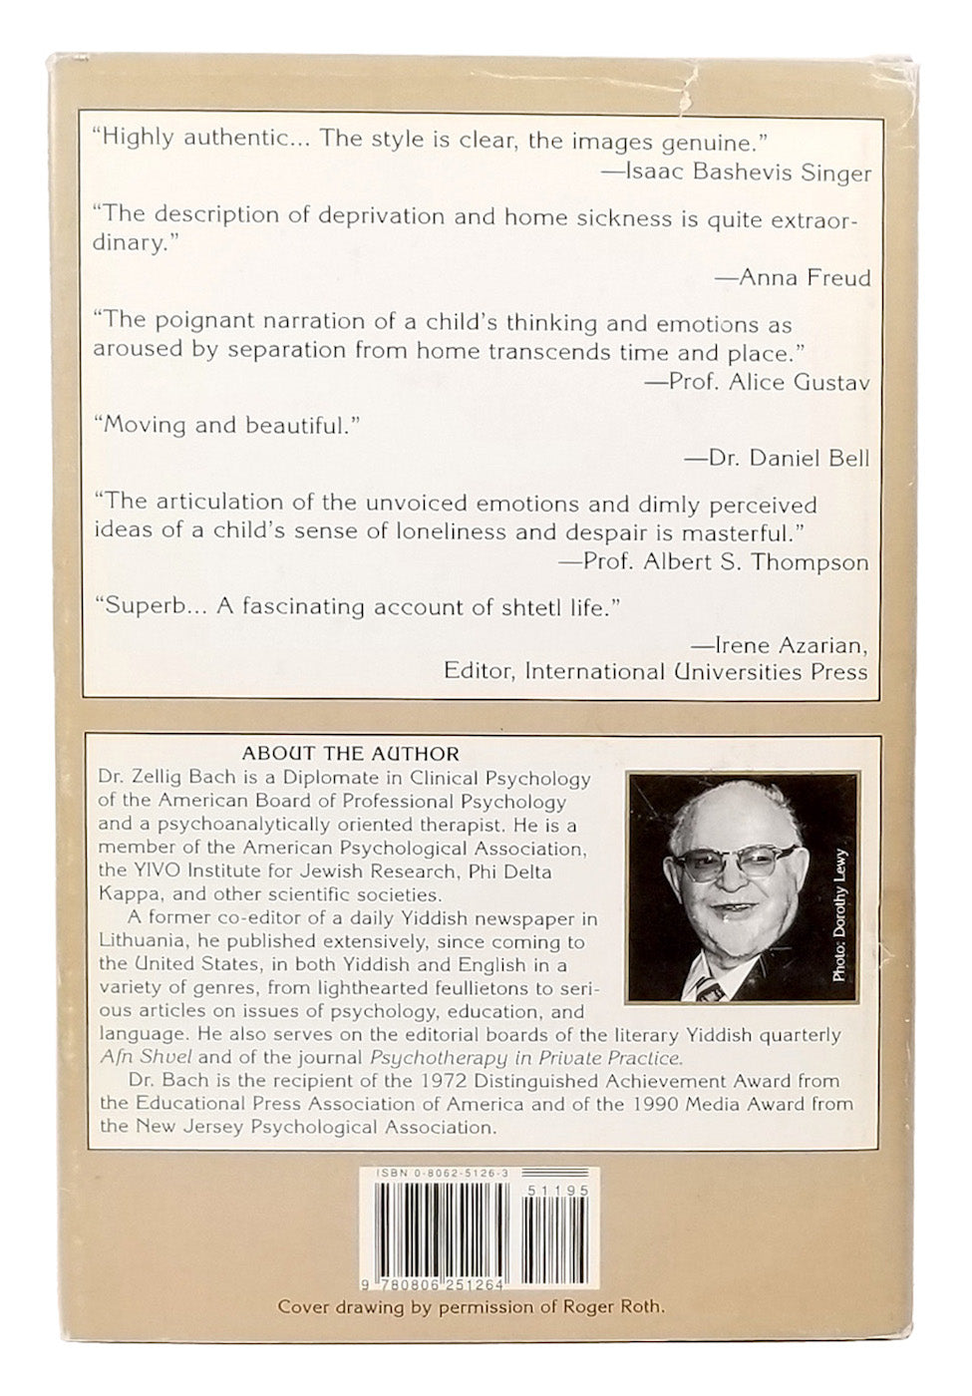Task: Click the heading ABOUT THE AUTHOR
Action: (x=350, y=754)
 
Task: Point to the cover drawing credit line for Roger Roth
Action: (x=471, y=1307)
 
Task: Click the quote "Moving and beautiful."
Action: (x=225, y=426)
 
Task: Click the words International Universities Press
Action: (x=696, y=671)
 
